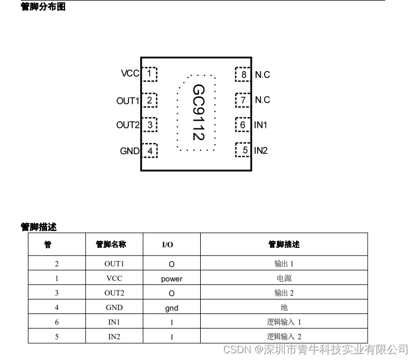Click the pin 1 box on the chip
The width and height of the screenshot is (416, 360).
149,73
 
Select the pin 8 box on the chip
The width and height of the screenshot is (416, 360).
243,74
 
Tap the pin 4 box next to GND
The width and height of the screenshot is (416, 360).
150,151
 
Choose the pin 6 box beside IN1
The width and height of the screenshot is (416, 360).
243,125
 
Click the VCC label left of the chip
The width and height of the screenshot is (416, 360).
130,73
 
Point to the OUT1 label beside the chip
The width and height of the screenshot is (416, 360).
127,101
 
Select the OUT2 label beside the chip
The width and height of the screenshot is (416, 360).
127,125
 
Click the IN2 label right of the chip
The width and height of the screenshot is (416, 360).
261,151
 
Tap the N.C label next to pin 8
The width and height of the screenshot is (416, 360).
262,75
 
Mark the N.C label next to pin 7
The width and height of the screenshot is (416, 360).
262,100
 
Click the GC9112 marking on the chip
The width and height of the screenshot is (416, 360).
198,112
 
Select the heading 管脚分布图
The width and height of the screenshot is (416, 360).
43,7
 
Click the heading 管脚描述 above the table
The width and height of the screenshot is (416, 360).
39,227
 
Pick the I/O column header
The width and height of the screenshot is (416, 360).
168,245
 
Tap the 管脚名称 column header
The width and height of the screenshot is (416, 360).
111,244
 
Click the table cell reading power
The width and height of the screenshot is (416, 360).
172,279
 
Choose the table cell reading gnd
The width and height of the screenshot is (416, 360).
172,308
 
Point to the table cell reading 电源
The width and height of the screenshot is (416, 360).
284,278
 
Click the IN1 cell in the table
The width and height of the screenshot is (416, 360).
114,322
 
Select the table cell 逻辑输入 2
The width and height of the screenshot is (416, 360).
284,336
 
